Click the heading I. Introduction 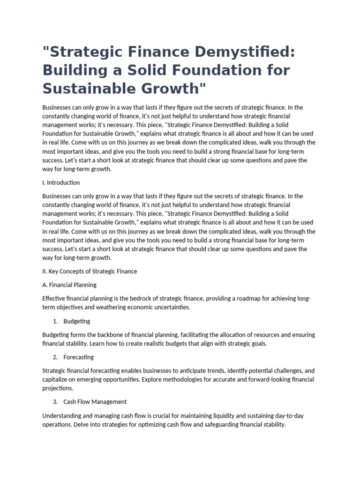click(x=61, y=182)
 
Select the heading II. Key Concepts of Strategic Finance click(x=90, y=271)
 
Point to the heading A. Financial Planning click(x=69, y=285)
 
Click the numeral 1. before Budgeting click(x=55, y=321)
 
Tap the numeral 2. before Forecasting click(x=55, y=357)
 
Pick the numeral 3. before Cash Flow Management click(x=55, y=402)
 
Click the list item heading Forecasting click(x=78, y=357)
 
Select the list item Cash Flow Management click(x=95, y=402)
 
